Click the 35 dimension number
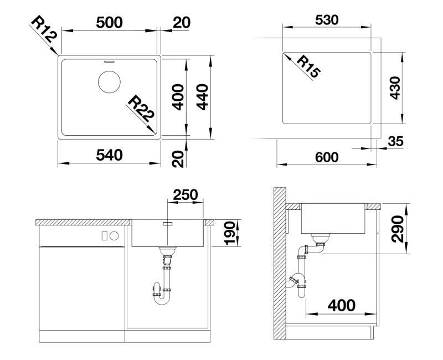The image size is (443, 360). (x=395, y=142)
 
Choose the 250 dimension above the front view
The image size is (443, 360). (x=186, y=195)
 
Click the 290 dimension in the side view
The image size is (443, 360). (x=397, y=227)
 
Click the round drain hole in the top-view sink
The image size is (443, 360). (x=109, y=82)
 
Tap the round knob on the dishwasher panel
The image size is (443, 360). (x=115, y=235)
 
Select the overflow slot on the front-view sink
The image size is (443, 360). (x=168, y=224)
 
